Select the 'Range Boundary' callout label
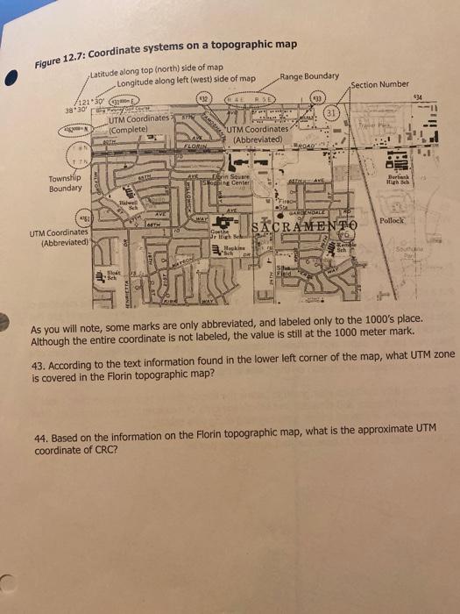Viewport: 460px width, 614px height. (310, 76)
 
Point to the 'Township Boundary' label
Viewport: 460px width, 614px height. (67, 182)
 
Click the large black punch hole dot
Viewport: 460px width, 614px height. (12, 75)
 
